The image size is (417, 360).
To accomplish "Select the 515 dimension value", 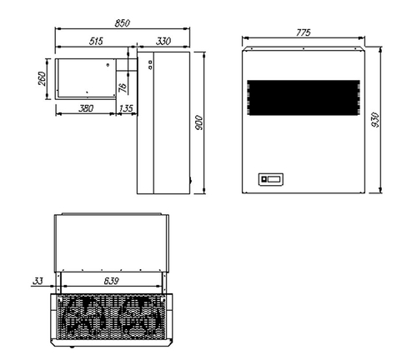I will tap(95, 42).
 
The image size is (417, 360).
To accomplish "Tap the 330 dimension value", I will tap(163, 42).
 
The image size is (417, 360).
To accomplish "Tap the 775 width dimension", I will tap(303, 32).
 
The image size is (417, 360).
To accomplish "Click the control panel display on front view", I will tap(272, 177).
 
